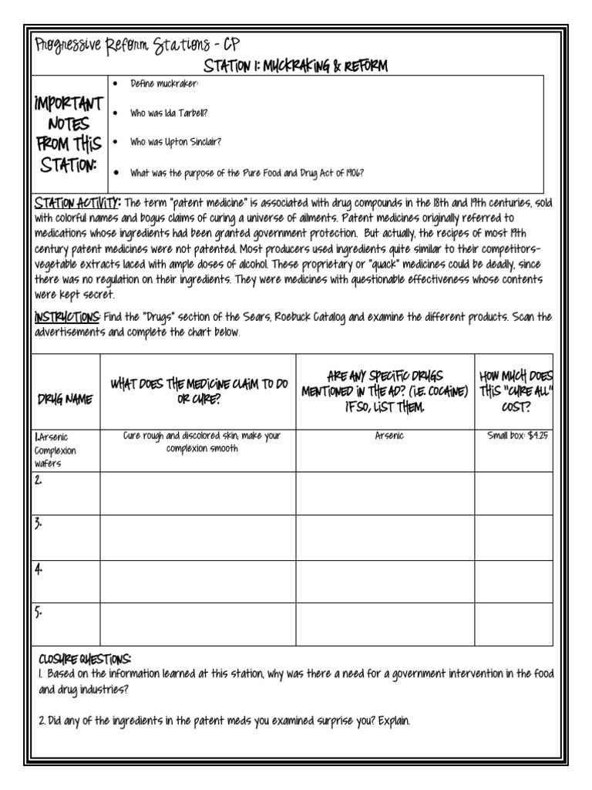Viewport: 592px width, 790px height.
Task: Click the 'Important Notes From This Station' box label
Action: click(x=69, y=134)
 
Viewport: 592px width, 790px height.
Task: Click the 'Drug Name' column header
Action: click(x=66, y=399)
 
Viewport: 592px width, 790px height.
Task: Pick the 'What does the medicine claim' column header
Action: click(x=199, y=390)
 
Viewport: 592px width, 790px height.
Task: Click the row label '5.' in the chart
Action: click(x=39, y=613)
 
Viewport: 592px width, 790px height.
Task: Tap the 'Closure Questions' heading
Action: click(x=85, y=659)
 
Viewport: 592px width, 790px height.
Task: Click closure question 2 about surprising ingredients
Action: click(x=224, y=721)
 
